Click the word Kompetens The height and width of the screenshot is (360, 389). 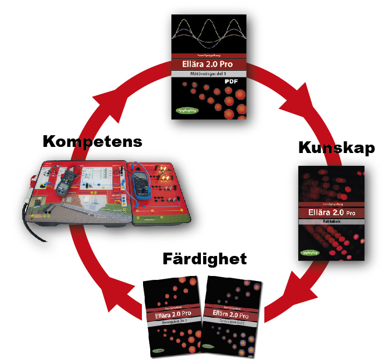pyautogui.click(x=92, y=141)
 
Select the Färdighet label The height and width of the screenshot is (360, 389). pyautogui.click(x=204, y=259)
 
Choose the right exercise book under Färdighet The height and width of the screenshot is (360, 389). pyautogui.click(x=233, y=317)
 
